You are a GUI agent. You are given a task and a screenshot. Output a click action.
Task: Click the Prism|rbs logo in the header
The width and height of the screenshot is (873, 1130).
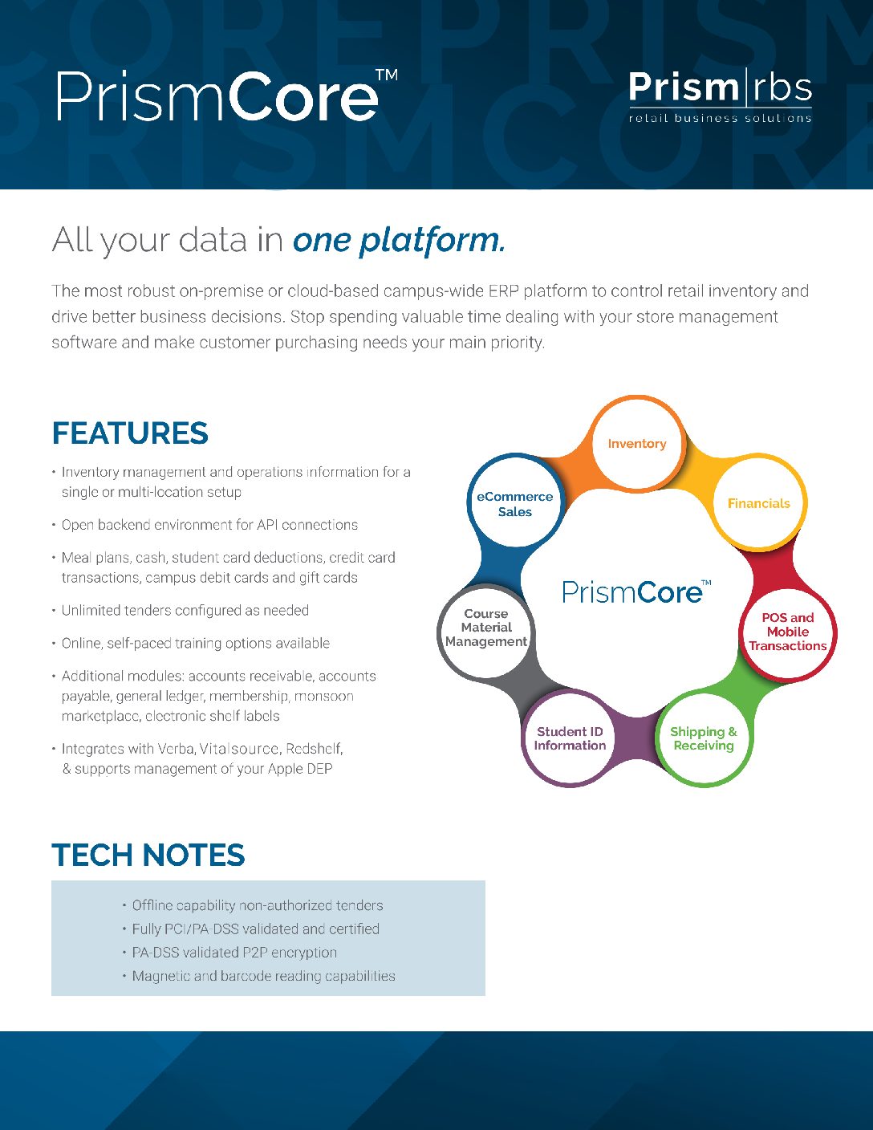pos(720,96)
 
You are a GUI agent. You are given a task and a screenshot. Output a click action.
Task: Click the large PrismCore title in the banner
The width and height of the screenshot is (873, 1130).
pos(227,96)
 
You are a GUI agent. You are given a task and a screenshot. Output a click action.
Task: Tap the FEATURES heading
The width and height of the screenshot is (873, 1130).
pos(130,433)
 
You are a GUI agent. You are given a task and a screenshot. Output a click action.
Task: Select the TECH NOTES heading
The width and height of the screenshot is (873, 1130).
pos(148,856)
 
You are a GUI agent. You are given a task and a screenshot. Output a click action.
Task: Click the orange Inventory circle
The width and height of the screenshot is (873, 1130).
pos(637,444)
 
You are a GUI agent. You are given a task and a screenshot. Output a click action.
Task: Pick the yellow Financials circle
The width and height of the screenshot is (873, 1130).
pos(758,503)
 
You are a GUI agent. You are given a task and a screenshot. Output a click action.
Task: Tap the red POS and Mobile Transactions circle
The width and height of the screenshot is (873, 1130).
pos(788,632)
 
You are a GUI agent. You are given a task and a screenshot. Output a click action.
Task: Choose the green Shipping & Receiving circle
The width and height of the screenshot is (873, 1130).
pos(704,738)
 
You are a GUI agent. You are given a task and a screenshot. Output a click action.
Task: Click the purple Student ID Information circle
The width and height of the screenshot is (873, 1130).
pos(570,738)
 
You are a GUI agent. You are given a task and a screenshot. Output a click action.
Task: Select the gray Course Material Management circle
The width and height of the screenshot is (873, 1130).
pos(486,628)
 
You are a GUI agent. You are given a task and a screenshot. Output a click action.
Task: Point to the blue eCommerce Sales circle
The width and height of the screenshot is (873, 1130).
pos(515,504)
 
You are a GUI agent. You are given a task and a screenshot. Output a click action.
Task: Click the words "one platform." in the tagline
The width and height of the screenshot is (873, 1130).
pos(399,240)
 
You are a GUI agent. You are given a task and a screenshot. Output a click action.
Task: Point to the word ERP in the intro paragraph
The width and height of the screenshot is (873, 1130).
pos(503,291)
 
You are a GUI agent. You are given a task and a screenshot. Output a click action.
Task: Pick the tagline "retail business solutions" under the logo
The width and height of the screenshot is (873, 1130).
pos(720,118)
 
